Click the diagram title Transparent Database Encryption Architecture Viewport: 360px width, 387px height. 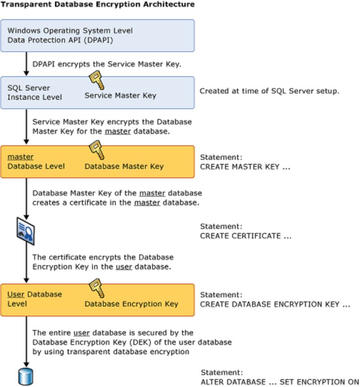tap(98, 4)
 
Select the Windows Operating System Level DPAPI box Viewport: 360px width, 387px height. tap(97, 36)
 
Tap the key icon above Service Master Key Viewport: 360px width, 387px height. tap(96, 81)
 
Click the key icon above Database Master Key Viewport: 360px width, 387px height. tap(96, 150)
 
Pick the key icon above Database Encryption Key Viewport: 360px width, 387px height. tap(96, 288)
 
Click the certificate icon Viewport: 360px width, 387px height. tap(25, 231)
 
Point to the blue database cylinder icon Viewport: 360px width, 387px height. tap(26, 377)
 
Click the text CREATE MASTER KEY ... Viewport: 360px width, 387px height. tap(245, 166)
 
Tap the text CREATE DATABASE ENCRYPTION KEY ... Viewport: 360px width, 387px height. tap(275, 304)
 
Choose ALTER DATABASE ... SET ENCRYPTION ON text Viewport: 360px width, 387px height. tap(279, 382)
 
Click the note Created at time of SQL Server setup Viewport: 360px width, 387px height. tap(269, 91)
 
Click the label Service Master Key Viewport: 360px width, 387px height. tap(120, 95)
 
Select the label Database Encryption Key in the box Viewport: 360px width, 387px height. tap(131, 304)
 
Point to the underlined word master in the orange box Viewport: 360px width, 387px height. tap(20, 157)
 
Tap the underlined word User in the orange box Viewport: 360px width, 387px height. tap(16, 294)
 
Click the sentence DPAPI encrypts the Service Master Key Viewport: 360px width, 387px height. tap(107, 64)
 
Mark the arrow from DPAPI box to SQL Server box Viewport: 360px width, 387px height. tap(26, 64)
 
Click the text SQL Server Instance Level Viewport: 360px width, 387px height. tap(35, 92)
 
